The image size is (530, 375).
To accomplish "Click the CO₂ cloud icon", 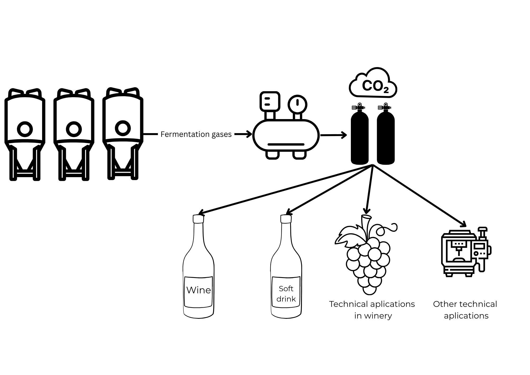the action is (x=373, y=83).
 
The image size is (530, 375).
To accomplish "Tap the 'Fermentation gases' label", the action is (x=196, y=134).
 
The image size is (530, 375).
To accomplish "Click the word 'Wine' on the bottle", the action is (x=198, y=290).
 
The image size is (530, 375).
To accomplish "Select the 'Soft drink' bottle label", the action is (x=286, y=294).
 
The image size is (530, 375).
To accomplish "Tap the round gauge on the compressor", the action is (x=298, y=104).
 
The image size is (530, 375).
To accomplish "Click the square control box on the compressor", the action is (x=270, y=101).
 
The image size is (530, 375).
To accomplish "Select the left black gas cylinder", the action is (x=360, y=134).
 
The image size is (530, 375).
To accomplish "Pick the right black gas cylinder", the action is (x=386, y=134).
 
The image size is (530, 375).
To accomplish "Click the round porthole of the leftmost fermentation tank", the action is (x=25, y=129).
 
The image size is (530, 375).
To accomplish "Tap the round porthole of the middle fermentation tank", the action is (x=74, y=129).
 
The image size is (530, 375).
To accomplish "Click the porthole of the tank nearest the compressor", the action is (x=123, y=128).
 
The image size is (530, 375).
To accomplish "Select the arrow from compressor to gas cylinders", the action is (x=334, y=135).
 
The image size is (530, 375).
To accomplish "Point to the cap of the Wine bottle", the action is (x=198, y=219).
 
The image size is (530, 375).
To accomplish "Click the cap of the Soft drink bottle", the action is (x=286, y=219).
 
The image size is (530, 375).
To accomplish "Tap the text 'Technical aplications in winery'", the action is (x=372, y=310).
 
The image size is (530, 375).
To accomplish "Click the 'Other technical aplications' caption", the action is (x=465, y=310).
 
